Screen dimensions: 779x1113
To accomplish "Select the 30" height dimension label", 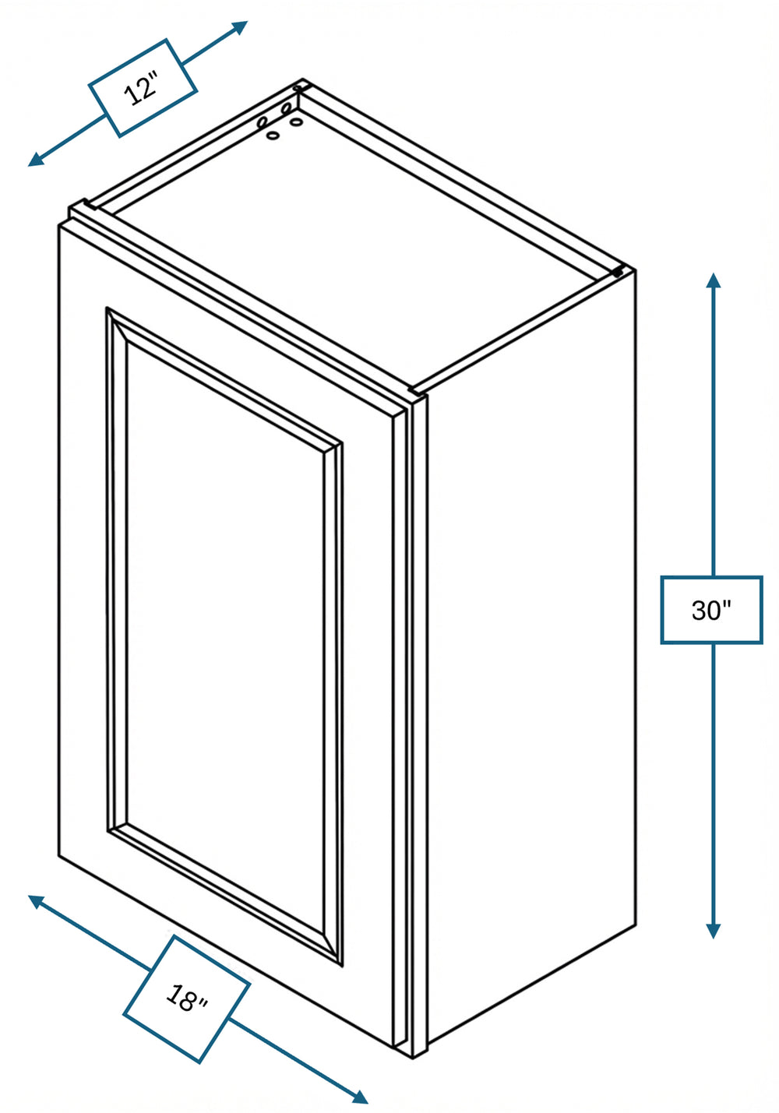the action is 711,610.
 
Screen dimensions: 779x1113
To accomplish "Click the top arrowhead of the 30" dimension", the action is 714,280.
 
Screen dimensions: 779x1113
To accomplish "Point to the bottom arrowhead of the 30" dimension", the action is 714,932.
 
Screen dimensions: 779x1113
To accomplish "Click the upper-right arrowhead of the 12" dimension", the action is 239,27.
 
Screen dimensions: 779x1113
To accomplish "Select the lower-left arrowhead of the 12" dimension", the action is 36,159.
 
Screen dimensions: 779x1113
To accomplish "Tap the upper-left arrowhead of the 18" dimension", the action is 36,901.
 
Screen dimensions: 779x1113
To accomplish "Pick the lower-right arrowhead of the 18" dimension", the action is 360,1096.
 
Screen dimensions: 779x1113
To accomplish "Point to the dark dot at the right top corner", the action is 618,273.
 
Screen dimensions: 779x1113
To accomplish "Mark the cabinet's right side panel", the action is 531,656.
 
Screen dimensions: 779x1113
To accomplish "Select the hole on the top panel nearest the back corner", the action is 297,122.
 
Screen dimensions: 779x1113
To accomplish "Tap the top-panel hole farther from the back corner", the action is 273,135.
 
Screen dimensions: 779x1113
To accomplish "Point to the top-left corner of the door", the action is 59,225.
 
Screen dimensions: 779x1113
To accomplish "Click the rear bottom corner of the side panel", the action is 636,925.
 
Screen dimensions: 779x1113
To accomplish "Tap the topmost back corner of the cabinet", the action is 302,79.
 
